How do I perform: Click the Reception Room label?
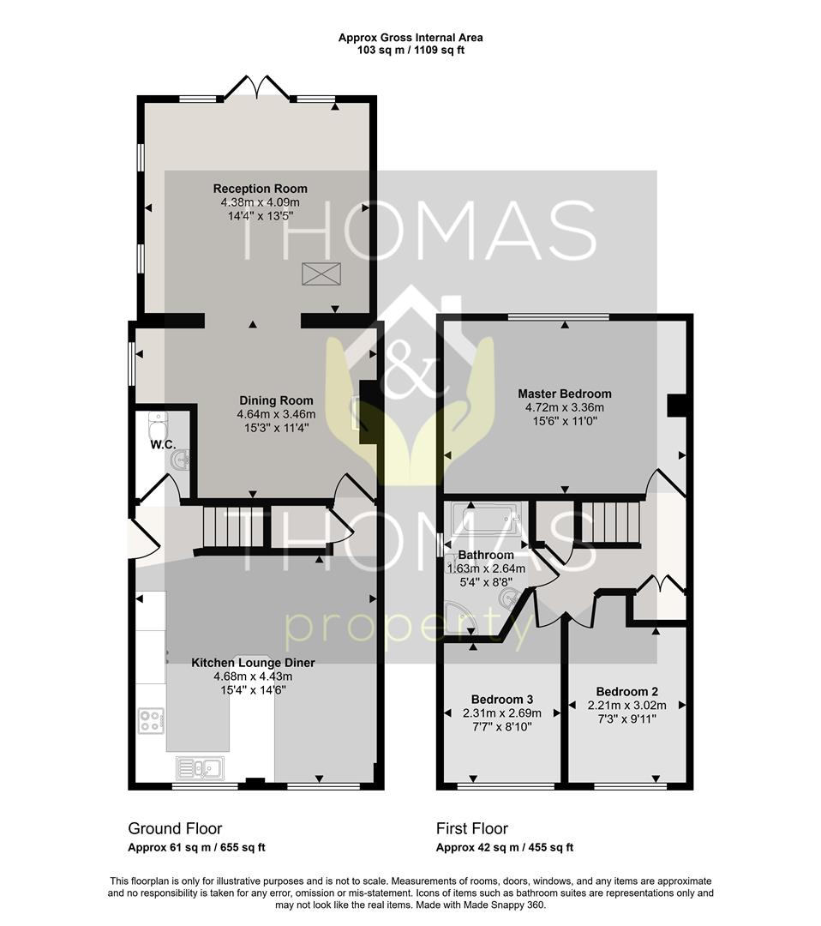[261, 189]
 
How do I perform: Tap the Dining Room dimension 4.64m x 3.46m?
[276, 415]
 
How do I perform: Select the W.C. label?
[163, 445]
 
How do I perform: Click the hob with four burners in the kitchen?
[151, 721]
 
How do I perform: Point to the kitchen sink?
[200, 768]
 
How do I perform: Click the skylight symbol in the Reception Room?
[321, 274]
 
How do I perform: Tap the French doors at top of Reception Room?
[257, 87]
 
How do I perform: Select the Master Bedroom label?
[565, 394]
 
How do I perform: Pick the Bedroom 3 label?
[502, 700]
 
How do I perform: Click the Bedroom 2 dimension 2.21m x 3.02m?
[626, 706]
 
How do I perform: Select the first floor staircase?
[608, 522]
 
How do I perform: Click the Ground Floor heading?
[176, 828]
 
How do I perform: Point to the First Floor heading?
[472, 828]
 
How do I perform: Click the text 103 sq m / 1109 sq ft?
[410, 51]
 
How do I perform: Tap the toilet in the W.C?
[159, 421]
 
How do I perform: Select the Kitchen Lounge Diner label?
[253, 663]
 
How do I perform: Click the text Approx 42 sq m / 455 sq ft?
[505, 848]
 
